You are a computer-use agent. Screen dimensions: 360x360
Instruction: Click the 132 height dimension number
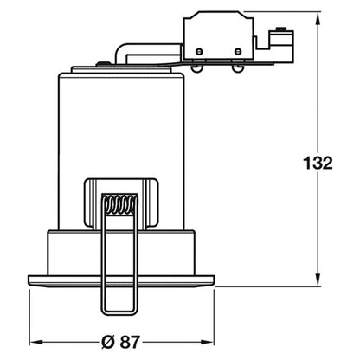[318, 163]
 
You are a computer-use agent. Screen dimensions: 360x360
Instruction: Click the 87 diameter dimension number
[130, 342]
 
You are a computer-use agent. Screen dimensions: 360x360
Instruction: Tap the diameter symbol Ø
[109, 342]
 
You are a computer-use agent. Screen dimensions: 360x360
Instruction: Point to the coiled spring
[119, 204]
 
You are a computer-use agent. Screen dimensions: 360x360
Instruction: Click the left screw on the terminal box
[199, 52]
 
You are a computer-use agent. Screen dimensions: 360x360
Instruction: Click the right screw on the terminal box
[238, 52]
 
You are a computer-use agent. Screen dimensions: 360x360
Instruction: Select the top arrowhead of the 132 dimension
[318, 18]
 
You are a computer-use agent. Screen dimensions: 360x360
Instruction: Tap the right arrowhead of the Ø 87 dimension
[208, 342]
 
